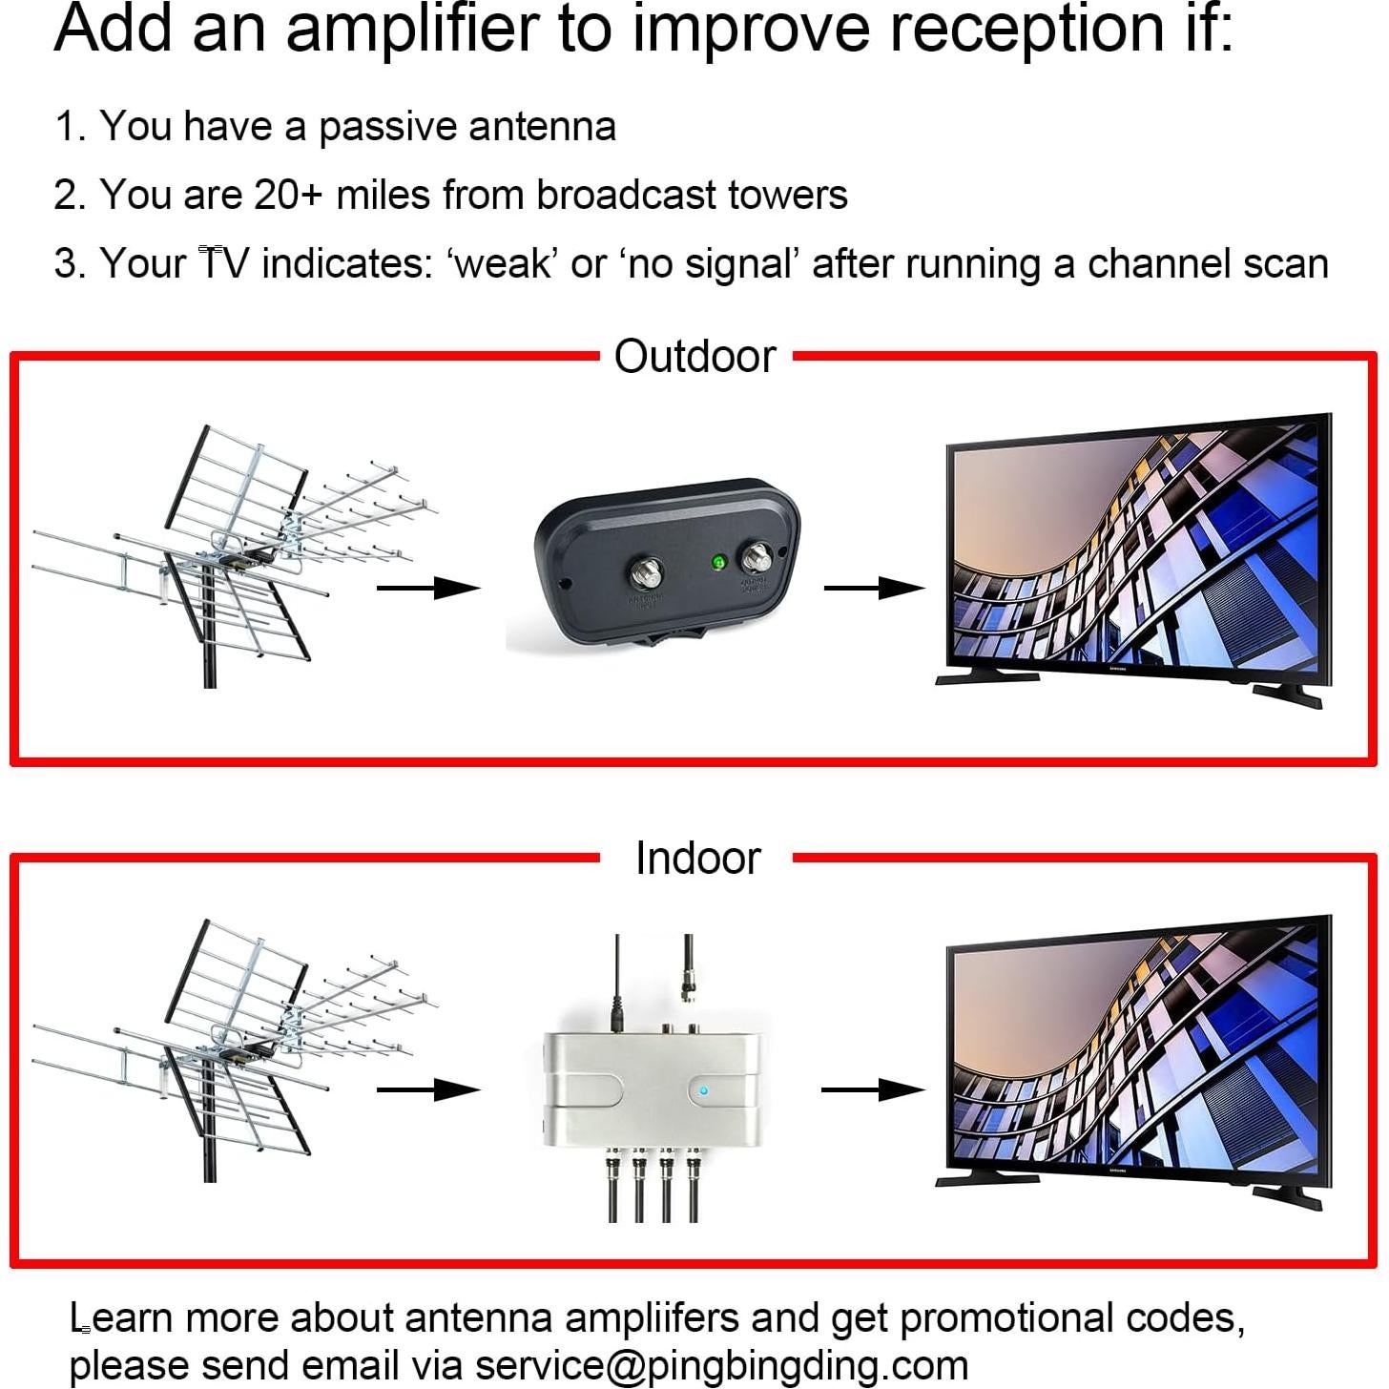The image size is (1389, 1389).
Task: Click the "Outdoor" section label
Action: pyautogui.click(x=695, y=357)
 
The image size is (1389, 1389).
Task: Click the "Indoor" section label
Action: pyautogui.click(x=697, y=858)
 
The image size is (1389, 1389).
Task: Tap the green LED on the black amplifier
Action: pyautogui.click(x=717, y=562)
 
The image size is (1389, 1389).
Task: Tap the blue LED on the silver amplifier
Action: pyautogui.click(x=703, y=1091)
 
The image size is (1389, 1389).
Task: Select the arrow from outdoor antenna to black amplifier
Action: pyautogui.click(x=428, y=588)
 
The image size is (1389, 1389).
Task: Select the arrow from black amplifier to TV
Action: pyautogui.click(x=874, y=588)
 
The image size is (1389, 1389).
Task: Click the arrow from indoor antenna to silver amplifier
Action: pyautogui.click(x=428, y=1089)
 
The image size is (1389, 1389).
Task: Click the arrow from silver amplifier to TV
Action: pyautogui.click(x=872, y=1089)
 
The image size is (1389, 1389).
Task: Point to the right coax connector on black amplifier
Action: pyautogui.click(x=759, y=555)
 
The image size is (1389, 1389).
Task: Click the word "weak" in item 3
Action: pyautogui.click(x=504, y=264)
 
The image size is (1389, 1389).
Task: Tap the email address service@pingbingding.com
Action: pyautogui.click(x=721, y=1365)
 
